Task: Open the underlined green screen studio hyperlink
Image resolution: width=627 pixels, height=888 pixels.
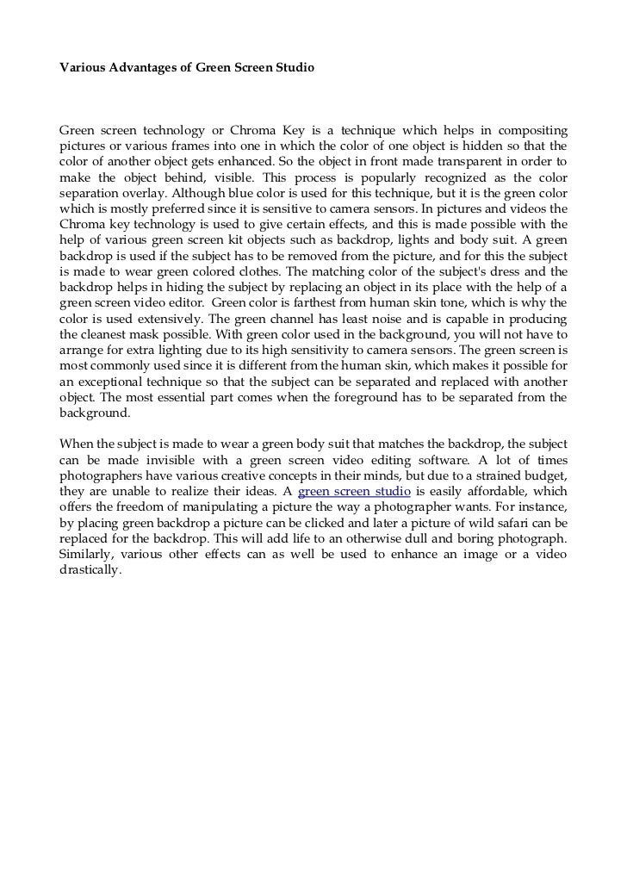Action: point(353,491)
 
